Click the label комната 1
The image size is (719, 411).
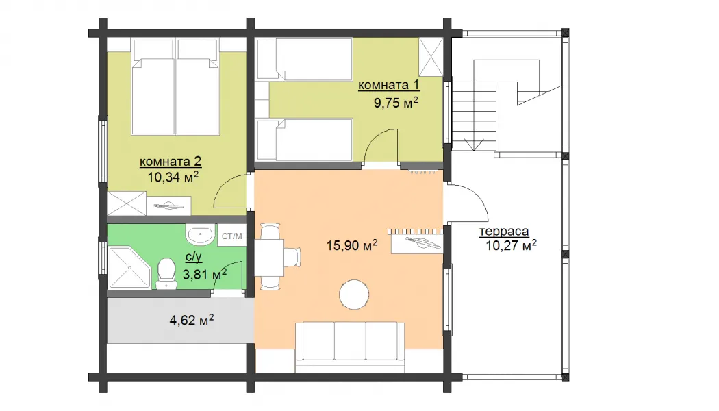388,86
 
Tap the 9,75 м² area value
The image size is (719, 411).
396,102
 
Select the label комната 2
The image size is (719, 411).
170,162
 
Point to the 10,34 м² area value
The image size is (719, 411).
173,177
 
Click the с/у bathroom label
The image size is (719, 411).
194,257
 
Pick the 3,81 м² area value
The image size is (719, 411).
205,274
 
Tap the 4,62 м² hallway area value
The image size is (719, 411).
192,320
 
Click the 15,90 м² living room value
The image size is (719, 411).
352,245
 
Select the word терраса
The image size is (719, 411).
504,232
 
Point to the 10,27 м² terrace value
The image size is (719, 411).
512,245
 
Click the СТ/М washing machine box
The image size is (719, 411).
231,236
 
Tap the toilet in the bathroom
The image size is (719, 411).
166,274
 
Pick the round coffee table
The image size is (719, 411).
354,295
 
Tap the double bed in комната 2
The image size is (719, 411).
175,87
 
